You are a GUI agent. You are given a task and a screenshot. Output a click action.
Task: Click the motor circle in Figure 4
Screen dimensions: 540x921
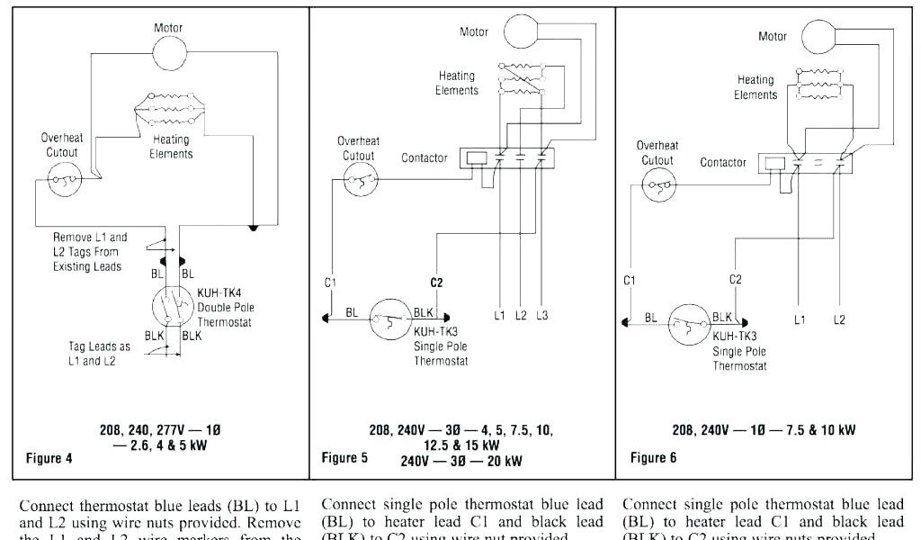point(168,56)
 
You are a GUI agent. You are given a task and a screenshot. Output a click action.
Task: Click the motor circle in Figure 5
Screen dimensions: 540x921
point(520,31)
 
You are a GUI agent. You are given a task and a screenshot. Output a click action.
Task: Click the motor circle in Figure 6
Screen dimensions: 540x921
point(820,36)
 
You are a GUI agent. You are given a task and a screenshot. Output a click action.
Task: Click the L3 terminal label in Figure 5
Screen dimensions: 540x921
point(541,315)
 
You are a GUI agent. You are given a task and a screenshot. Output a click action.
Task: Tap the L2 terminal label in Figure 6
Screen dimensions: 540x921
point(839,319)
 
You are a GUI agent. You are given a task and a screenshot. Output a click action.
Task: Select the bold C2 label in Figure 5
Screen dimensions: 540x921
point(436,283)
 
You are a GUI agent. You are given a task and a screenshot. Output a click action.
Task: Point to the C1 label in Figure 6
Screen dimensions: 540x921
point(630,280)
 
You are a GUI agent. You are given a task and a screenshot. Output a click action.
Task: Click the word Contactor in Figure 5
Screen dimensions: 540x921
point(424,158)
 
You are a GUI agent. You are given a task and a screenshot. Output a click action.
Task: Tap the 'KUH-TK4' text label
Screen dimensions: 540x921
point(217,293)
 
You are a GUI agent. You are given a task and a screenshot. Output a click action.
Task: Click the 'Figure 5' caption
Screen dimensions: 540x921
point(344,458)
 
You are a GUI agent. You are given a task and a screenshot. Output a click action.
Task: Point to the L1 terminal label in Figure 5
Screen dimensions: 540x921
point(499,315)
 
